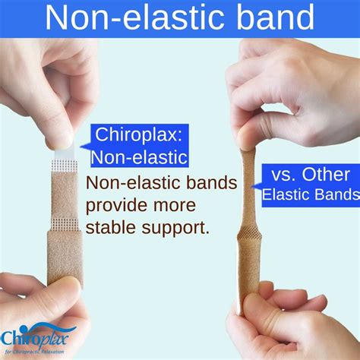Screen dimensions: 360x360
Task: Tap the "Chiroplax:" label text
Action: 139,136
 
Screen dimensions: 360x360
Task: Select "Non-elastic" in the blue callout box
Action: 139,157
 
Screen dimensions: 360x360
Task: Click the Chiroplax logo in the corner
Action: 34,336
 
